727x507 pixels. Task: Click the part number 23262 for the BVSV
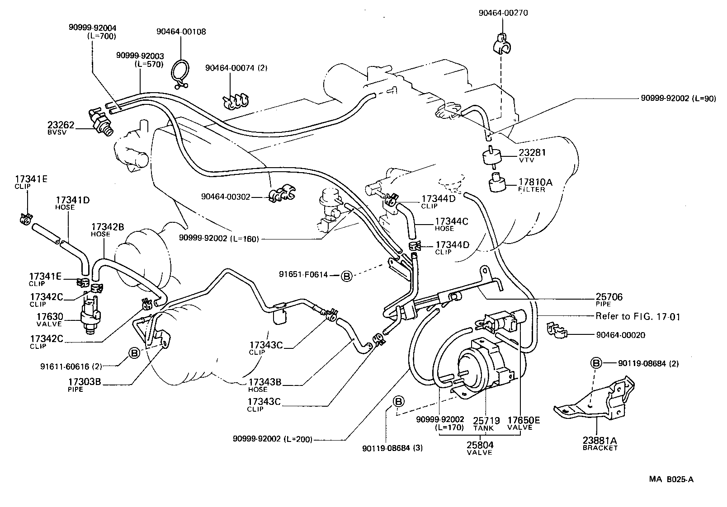pyautogui.click(x=61, y=125)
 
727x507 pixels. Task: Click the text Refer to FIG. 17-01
pyautogui.click(x=637, y=316)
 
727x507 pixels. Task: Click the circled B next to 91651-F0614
pyautogui.click(x=346, y=275)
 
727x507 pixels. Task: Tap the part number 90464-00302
pyautogui.click(x=226, y=197)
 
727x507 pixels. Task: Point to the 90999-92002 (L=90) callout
pyautogui.click(x=678, y=99)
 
